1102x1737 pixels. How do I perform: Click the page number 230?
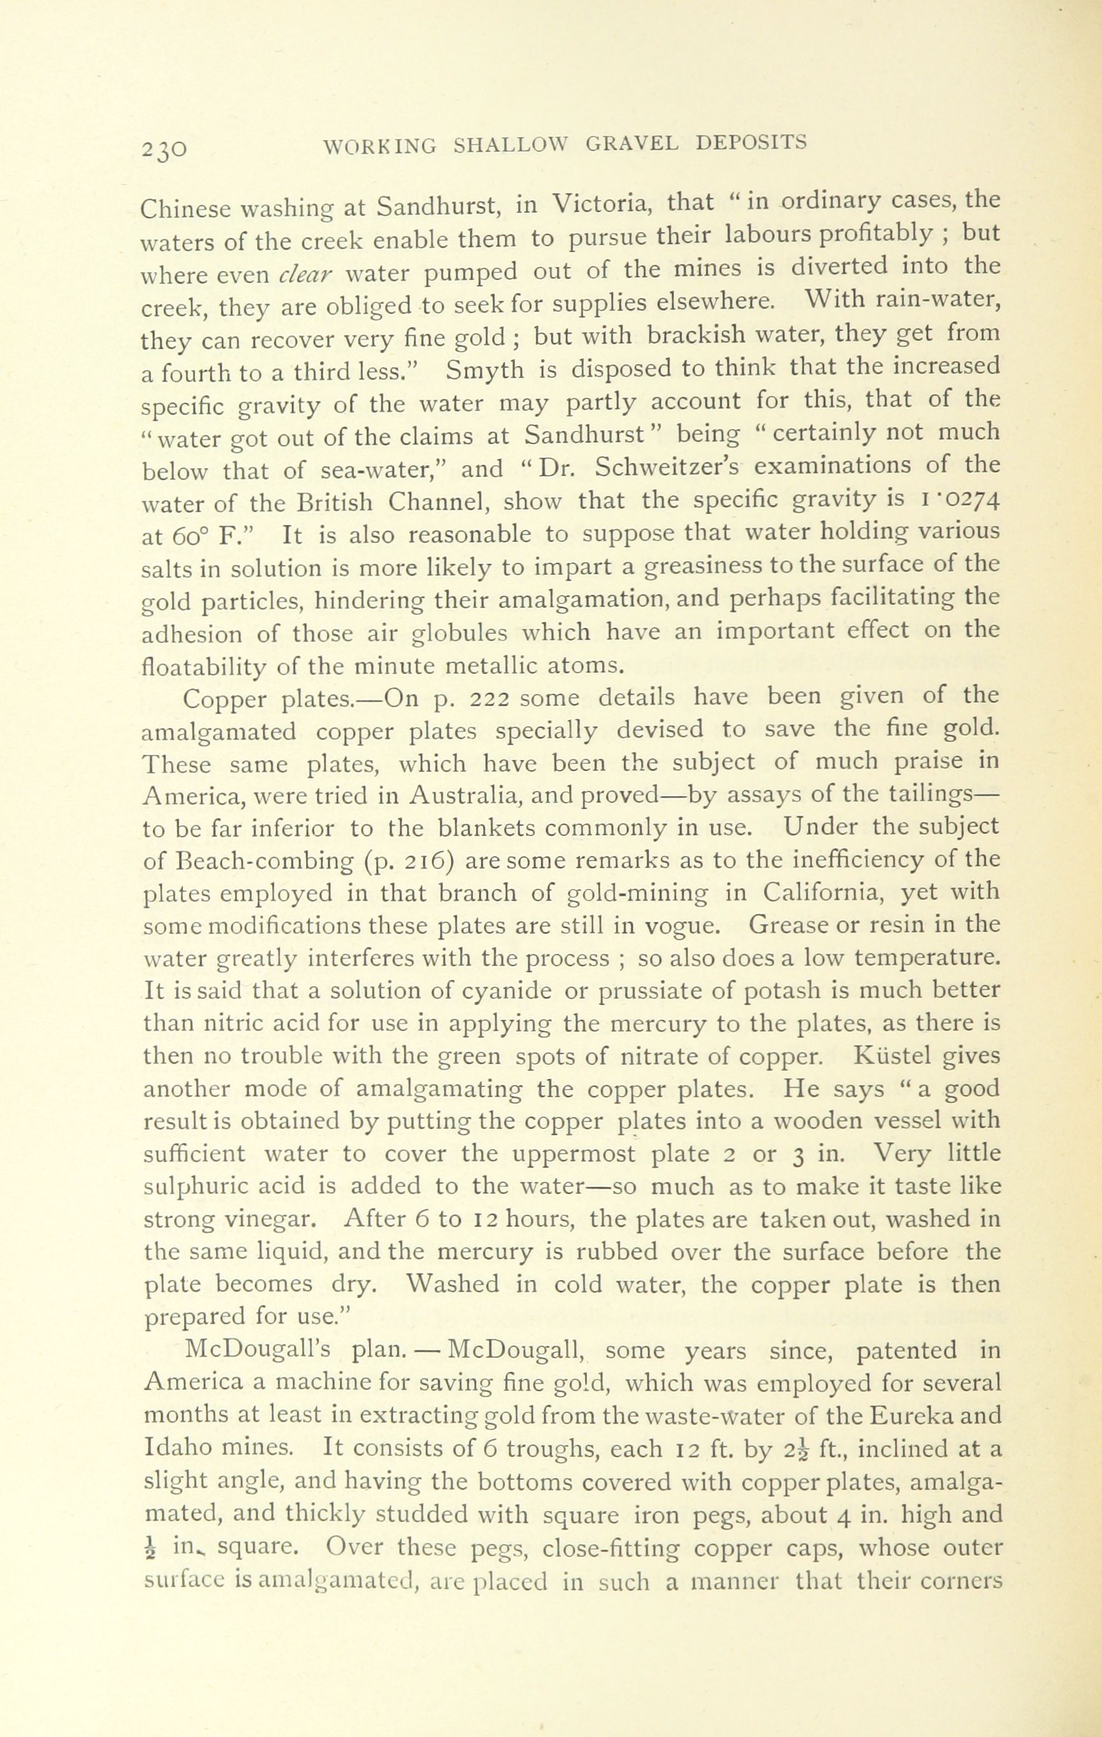[x=165, y=148]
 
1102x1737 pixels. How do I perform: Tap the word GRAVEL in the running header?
[x=632, y=144]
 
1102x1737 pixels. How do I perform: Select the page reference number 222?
[x=490, y=698]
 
